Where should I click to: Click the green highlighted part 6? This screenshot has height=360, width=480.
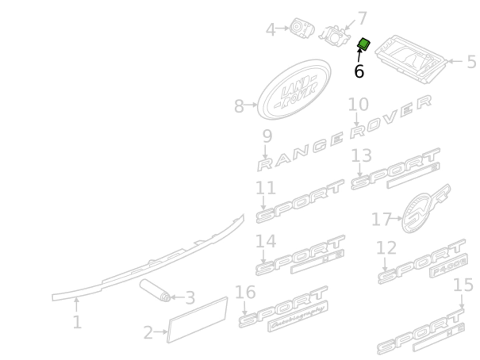point(364,44)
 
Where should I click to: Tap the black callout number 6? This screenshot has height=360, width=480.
point(359,71)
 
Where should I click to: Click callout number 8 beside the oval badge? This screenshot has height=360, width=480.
point(239,106)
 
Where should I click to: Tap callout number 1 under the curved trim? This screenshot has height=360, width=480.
point(77,322)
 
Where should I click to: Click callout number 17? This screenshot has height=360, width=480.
point(381,219)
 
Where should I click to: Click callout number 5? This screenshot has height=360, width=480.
point(471,62)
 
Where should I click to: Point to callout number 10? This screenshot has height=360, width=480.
point(358,105)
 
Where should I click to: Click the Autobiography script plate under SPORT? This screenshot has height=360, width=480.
point(298,316)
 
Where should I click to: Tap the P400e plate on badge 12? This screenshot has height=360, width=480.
point(449,266)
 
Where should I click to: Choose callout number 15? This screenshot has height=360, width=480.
point(463,285)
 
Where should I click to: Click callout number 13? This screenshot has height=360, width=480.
point(362,156)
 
